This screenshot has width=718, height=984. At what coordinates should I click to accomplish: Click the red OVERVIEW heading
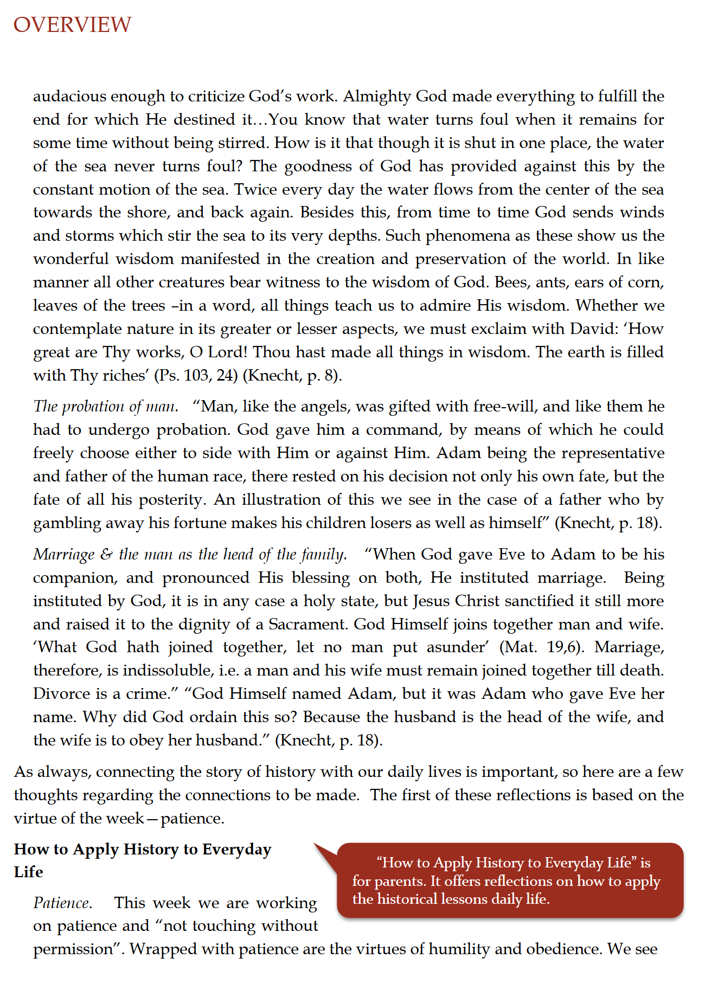tap(72, 25)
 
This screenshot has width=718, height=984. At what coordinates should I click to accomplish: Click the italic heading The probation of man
tap(106, 407)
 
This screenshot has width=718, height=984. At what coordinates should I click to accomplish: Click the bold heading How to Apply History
tap(142, 860)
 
